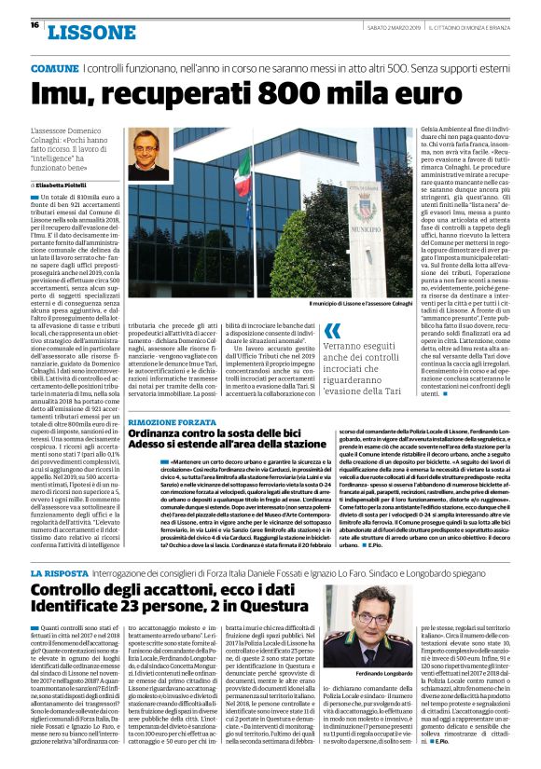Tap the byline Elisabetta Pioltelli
point(74,186)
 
